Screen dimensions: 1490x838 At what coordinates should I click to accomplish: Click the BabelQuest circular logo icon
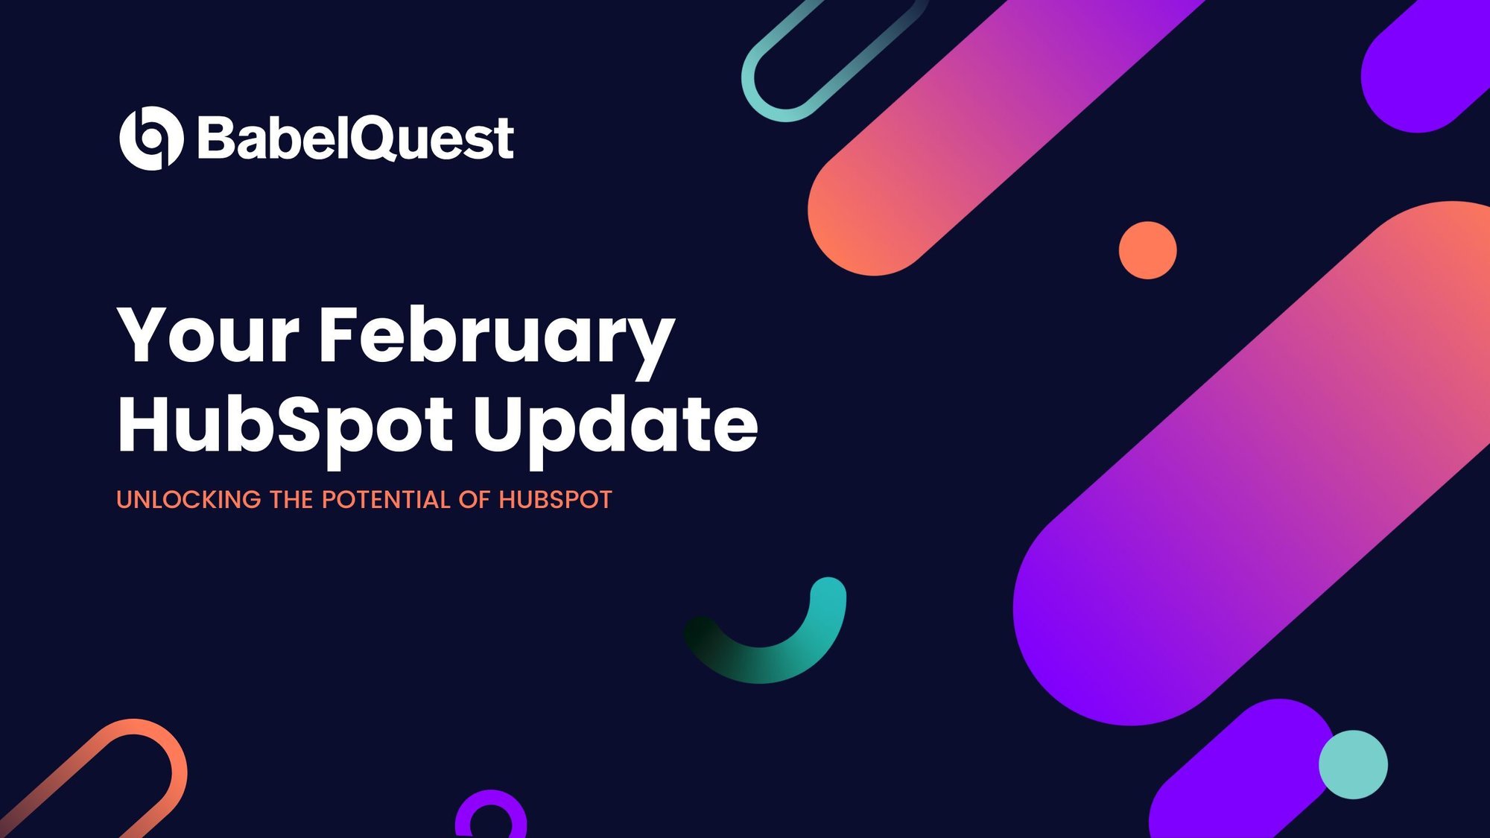click(151, 139)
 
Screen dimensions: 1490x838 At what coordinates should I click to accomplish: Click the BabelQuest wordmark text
click(355, 139)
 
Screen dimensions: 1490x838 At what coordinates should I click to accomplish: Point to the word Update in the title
click(615, 428)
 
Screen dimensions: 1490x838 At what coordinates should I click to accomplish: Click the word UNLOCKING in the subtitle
click(188, 500)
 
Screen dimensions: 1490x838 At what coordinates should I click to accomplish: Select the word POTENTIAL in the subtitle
click(386, 500)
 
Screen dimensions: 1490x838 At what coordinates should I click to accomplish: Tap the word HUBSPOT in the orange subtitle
click(555, 500)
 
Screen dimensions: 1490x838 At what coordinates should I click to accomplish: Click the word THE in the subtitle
click(291, 500)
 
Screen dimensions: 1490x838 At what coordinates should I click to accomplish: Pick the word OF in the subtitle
click(474, 500)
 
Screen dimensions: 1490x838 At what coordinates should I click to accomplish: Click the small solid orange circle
click(1147, 250)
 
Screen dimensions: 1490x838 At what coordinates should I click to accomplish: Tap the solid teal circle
click(1353, 764)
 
